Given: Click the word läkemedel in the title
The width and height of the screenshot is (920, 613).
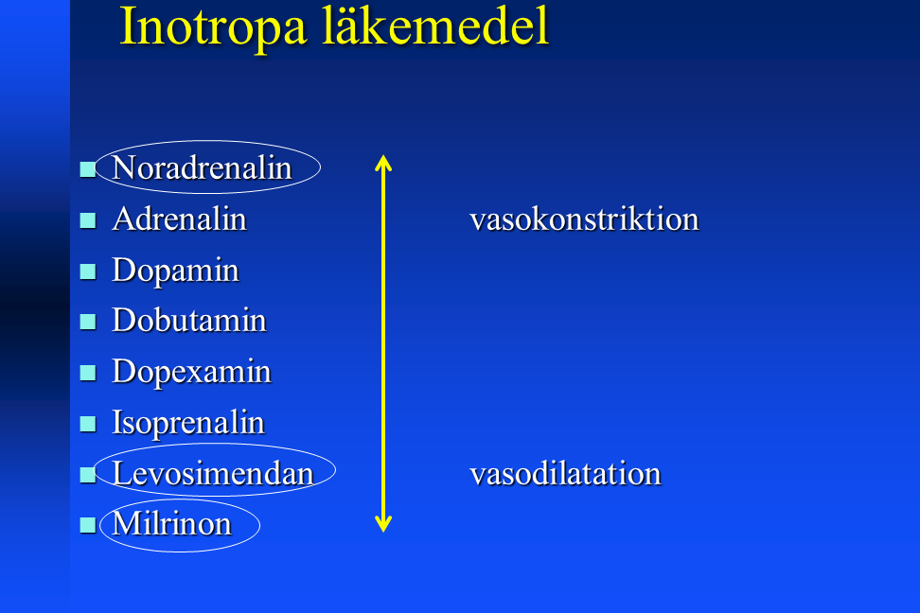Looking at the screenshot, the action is pos(436,26).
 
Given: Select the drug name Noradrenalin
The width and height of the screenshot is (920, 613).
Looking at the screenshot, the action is pos(202,167).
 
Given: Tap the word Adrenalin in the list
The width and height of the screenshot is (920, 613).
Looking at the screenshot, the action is pos(179,219).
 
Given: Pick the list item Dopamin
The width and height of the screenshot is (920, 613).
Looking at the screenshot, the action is pos(175,271).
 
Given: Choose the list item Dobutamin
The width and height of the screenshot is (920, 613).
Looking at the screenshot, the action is pos(189,321).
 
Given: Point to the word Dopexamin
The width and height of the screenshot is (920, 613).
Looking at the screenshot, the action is pos(191,373).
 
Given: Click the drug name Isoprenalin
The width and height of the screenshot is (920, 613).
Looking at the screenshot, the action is pos(188,423).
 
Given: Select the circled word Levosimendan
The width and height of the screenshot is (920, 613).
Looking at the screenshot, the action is pos(213,473).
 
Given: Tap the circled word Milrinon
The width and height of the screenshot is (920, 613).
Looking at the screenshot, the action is pos(172,523).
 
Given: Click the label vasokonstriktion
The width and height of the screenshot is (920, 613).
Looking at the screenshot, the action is pos(584,219).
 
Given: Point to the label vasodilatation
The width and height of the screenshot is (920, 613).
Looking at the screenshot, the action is pos(565,473).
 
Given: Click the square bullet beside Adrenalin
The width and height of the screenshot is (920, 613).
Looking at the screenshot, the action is pos(88,220).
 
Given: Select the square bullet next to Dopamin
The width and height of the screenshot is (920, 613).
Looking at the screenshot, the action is pos(88,271).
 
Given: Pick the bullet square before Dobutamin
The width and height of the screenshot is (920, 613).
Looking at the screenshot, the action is pos(88,322).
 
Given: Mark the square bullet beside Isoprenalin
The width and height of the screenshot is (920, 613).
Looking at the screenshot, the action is pos(88,424).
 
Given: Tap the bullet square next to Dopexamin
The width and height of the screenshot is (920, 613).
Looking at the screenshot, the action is pos(88,373).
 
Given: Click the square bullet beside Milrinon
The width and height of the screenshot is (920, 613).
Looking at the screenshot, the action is pos(88,525).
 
